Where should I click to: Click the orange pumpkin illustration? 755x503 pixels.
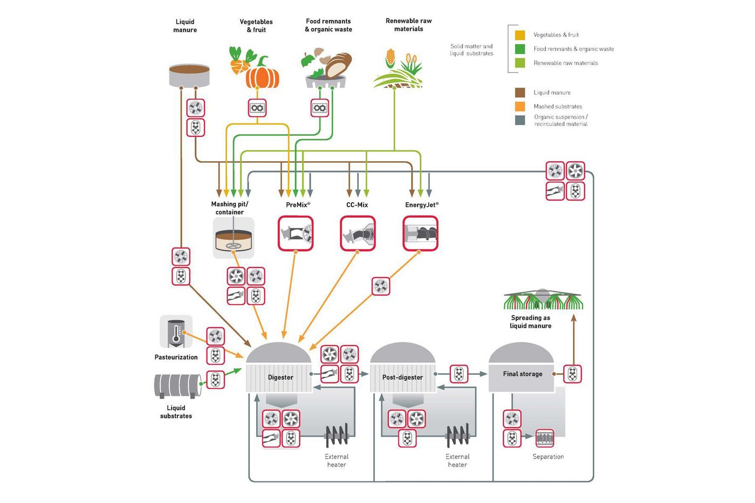click(x=263, y=75)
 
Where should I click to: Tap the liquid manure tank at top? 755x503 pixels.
click(x=189, y=76)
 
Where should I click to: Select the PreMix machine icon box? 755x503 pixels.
click(x=296, y=233)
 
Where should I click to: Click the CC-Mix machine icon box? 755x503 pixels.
click(x=358, y=233)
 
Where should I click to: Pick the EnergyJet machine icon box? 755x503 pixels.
click(x=421, y=233)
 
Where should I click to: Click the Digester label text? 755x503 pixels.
click(x=280, y=377)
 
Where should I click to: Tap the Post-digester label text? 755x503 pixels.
click(x=402, y=377)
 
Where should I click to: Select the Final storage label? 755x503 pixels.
click(x=523, y=374)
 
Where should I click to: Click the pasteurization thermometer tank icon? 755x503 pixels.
click(x=176, y=332)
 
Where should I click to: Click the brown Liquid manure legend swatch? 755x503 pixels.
click(x=520, y=92)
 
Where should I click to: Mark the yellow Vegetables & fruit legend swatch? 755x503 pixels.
click(x=520, y=35)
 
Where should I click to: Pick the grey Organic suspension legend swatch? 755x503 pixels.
click(x=520, y=120)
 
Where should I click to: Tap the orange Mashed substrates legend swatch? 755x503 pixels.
click(x=520, y=106)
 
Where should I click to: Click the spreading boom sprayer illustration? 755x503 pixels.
click(x=543, y=300)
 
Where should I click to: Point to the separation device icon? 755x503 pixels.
click(x=545, y=438)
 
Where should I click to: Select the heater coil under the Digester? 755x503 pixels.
click(x=337, y=436)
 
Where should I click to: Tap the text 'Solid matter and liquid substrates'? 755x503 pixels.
click(x=471, y=50)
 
